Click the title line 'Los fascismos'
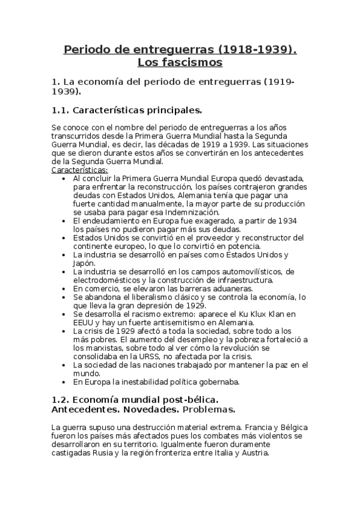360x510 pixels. (180, 62)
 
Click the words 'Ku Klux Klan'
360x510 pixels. (265, 313)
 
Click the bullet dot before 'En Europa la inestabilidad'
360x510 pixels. (65, 381)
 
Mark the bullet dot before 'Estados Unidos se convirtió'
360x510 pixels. (65, 238)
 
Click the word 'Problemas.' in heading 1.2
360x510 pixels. (209, 410)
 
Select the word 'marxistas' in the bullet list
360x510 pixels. (96, 347)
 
